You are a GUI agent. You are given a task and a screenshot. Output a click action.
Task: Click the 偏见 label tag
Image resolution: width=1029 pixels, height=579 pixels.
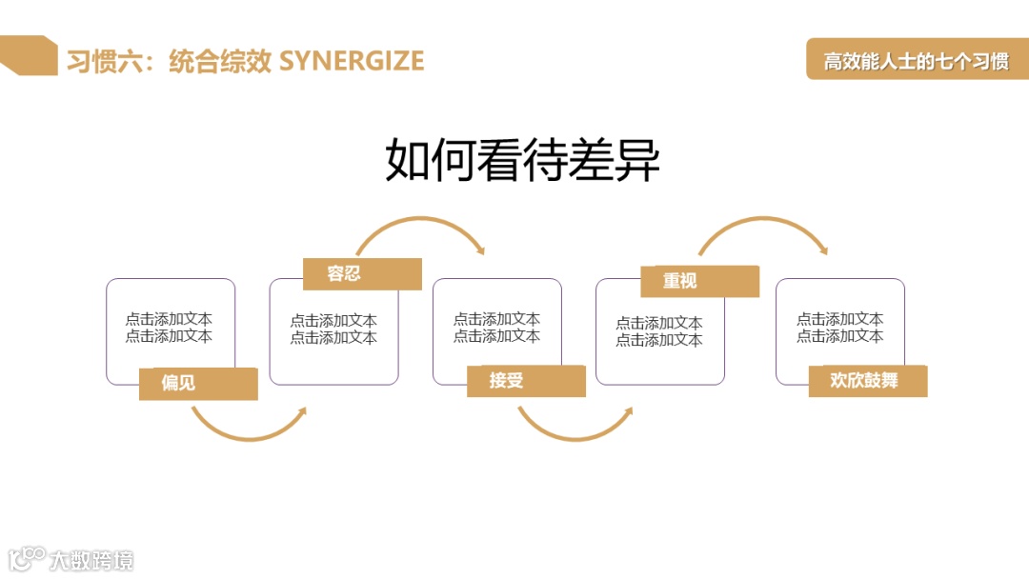198,384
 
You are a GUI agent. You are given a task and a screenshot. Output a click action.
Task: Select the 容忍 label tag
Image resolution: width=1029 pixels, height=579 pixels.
362,274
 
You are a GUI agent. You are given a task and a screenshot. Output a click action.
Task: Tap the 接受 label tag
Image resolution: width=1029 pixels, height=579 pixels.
525,382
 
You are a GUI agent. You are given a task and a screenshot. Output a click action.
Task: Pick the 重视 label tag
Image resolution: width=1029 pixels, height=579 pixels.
699,281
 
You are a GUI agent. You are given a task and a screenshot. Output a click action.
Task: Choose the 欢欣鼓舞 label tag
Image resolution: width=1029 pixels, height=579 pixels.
867,381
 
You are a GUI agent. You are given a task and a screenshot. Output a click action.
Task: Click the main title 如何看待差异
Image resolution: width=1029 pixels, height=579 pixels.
522,160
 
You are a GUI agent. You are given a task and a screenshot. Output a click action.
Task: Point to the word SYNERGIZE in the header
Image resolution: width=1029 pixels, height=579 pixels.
352,61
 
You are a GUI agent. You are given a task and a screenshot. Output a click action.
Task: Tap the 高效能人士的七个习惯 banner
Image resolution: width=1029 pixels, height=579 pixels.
917,61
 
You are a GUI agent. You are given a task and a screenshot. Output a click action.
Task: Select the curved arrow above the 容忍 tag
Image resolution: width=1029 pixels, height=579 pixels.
419,225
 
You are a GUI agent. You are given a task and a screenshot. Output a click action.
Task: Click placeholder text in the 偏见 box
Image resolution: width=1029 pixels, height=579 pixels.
170,328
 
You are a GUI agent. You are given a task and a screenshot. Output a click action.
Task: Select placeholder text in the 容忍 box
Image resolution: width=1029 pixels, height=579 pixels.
333,329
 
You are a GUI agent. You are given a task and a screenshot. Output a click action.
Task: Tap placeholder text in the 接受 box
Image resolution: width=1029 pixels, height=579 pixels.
496,328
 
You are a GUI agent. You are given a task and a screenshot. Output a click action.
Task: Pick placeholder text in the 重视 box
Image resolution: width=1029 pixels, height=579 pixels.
659,331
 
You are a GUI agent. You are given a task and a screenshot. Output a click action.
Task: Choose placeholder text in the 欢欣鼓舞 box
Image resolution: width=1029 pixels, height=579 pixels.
839,328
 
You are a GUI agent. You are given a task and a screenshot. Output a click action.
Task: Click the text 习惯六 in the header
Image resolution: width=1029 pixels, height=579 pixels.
103,61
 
